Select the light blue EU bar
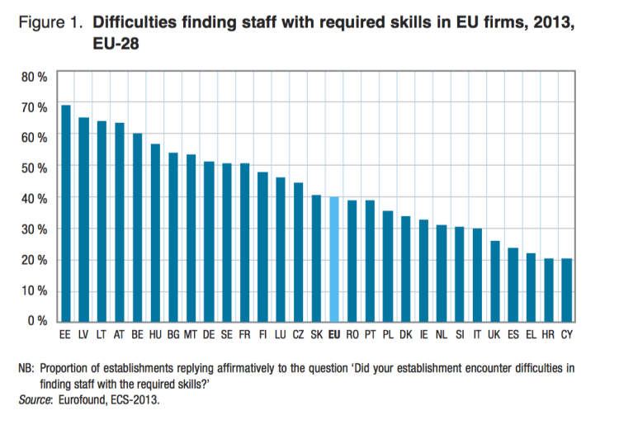334,259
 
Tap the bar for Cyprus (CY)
567,290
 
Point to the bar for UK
495,281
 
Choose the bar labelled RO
352,261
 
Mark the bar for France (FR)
245,243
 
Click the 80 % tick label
34,77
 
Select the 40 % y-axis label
34,199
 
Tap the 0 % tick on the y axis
37,321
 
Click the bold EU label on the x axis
334,336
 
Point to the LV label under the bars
83,336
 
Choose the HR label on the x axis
549,336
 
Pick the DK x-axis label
406,336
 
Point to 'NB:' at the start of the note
27,368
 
